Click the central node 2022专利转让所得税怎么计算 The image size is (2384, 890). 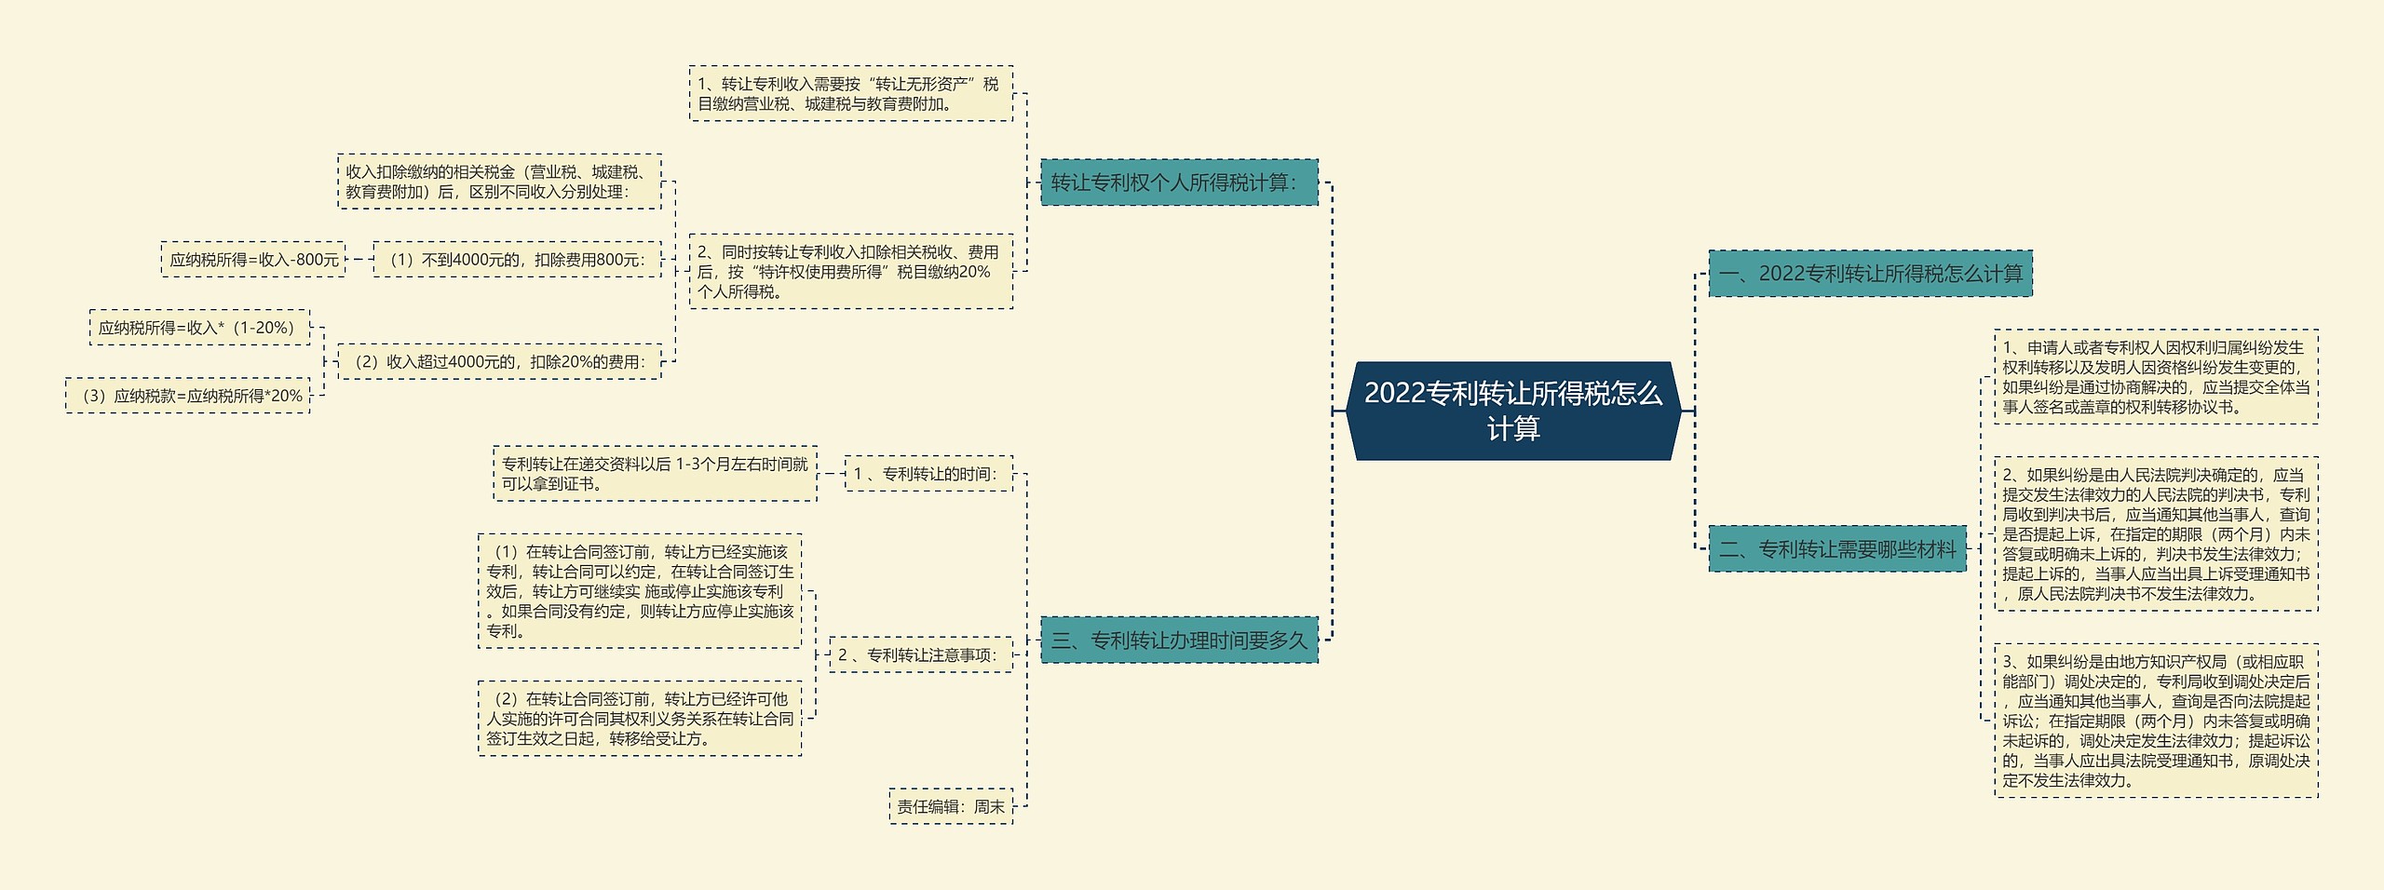click(x=1513, y=411)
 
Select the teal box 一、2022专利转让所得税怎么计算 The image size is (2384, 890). click(x=1870, y=274)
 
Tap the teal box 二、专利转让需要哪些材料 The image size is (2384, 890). click(x=1836, y=549)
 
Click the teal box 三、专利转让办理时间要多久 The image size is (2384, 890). click(x=1179, y=640)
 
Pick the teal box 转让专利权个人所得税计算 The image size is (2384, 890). click(x=1179, y=182)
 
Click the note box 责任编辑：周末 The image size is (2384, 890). click(x=951, y=806)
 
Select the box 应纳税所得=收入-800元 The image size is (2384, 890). click(x=253, y=260)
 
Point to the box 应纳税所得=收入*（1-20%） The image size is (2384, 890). click(x=199, y=328)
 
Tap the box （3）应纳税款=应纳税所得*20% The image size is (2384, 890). click(x=188, y=396)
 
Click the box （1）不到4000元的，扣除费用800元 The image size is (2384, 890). click(x=516, y=260)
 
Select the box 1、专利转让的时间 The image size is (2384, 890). click(x=928, y=474)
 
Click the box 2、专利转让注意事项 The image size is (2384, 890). click(x=920, y=654)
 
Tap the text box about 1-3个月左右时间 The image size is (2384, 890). click(x=655, y=474)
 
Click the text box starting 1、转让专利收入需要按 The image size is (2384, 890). click(x=850, y=94)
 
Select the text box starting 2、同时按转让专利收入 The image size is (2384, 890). click(x=850, y=272)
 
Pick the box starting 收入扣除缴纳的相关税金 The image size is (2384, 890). click(x=498, y=182)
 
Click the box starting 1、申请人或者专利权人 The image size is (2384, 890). click(x=2155, y=377)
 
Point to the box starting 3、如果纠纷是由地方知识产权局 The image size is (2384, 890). click(x=2155, y=721)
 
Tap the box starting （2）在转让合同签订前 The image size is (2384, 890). click(x=640, y=719)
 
